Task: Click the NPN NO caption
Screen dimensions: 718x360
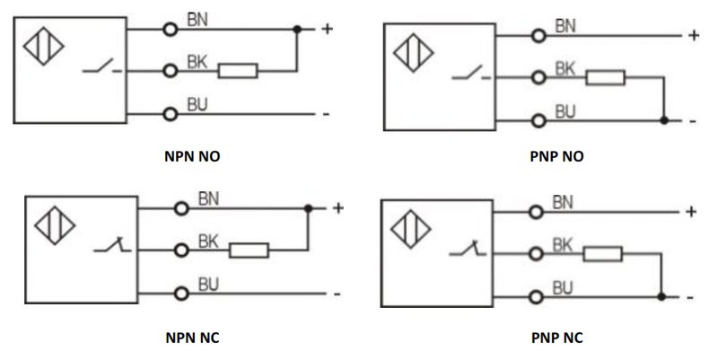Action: [x=192, y=156]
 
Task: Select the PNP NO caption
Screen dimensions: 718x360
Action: [x=556, y=156]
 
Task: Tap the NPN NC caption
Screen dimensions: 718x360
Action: [x=192, y=338]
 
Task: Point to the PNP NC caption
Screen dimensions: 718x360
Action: [x=556, y=338]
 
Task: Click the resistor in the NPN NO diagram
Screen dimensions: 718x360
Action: [x=238, y=71]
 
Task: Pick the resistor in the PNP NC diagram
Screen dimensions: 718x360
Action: [x=602, y=254]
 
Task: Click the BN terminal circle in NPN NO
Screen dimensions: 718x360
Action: [x=170, y=30]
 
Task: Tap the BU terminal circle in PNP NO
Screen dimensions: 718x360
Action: [x=539, y=121]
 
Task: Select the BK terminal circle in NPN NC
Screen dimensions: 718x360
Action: [x=181, y=250]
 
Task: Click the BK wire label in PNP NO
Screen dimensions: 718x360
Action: [x=565, y=69]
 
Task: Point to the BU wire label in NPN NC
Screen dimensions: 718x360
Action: [x=209, y=285]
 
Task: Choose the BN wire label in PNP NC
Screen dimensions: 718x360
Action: [x=563, y=202]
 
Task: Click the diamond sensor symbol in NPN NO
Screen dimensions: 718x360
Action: [x=43, y=46]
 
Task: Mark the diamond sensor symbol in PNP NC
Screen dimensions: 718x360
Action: [x=411, y=229]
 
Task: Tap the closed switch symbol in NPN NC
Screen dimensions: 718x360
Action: [x=112, y=246]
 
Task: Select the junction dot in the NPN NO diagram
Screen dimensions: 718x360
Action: [x=297, y=30]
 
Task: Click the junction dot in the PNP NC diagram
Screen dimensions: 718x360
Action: [x=661, y=297]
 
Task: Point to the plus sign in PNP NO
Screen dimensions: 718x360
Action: [x=694, y=35]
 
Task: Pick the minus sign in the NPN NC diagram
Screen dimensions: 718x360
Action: [x=337, y=294]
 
